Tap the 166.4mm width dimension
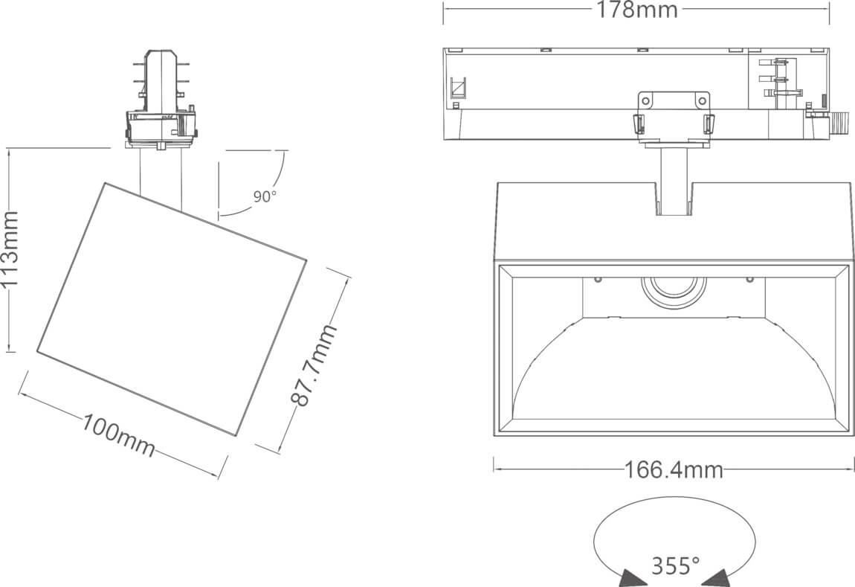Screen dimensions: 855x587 tap(674, 469)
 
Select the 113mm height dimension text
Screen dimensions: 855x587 tap(10, 248)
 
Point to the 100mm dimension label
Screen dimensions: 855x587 tap(119, 434)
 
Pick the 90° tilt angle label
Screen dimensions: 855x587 tap(265, 196)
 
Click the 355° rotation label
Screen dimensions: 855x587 tap(676, 565)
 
